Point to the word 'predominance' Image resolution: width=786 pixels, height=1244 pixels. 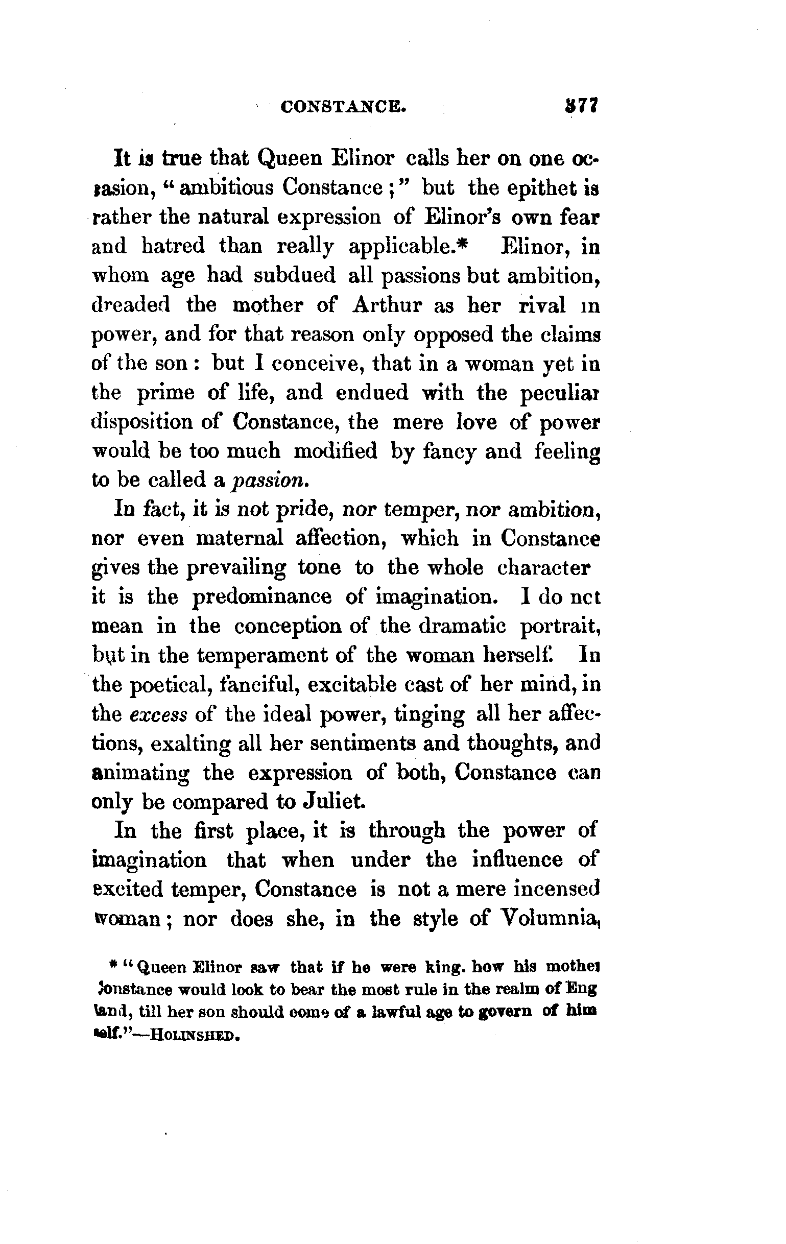pyautogui.click(x=262, y=597)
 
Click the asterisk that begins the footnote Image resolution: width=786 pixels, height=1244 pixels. pyautogui.click(x=112, y=962)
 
